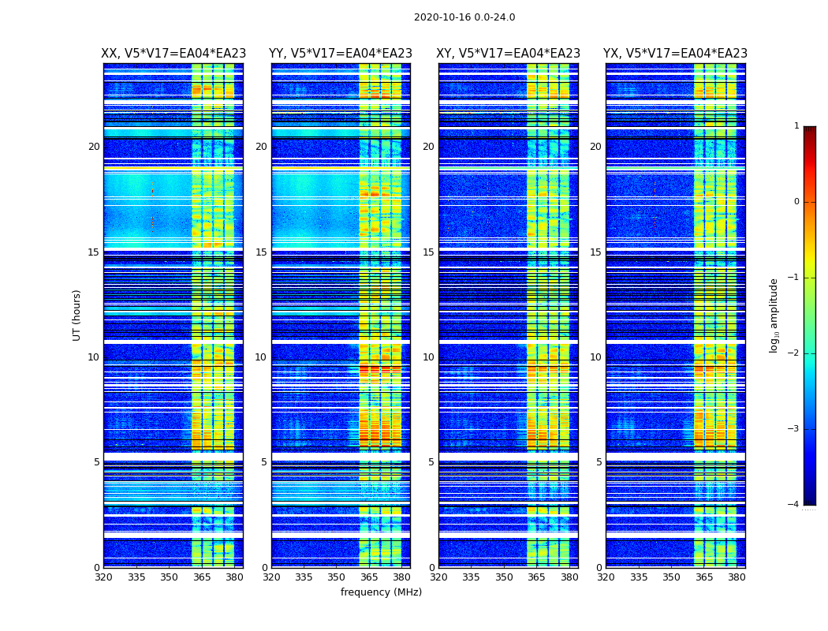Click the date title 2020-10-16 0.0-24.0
click(464, 17)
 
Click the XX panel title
click(173, 54)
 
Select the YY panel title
click(341, 54)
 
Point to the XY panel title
click(508, 54)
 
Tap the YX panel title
click(675, 54)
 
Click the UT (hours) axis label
click(77, 315)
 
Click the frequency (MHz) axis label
click(381, 592)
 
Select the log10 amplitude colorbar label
click(774, 315)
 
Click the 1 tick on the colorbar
click(796, 126)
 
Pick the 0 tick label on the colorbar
click(796, 202)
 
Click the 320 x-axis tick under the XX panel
click(103, 577)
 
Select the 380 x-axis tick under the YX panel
click(737, 577)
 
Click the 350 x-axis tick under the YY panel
click(337, 577)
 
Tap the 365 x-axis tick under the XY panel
click(536, 577)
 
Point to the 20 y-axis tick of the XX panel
click(94, 147)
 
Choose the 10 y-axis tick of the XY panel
click(428, 357)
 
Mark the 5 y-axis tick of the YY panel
click(264, 462)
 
